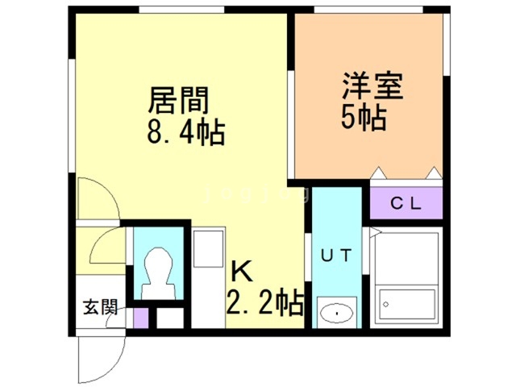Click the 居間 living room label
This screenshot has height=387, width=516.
tap(178, 102)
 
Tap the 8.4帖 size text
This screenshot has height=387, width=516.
tap(185, 131)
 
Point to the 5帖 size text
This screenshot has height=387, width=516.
tap(362, 119)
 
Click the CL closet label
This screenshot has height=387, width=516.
tap(406, 203)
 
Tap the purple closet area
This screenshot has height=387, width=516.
tap(406, 203)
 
